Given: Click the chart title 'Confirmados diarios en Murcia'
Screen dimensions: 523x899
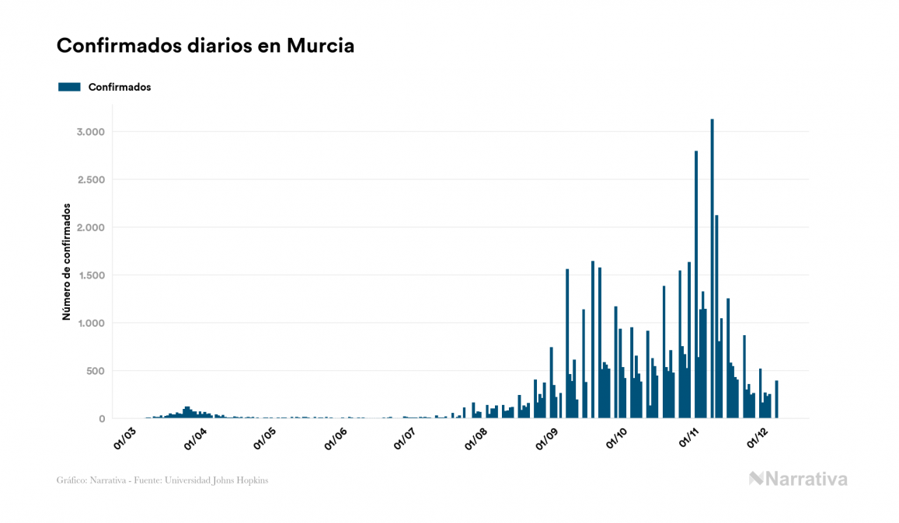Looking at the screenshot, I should [205, 46].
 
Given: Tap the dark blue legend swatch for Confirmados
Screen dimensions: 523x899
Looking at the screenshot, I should [70, 87].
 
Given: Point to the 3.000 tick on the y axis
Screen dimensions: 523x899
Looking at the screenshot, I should [90, 132].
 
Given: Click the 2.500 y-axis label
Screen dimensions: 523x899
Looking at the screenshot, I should [90, 180].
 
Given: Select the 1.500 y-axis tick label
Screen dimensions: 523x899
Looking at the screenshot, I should [90, 275].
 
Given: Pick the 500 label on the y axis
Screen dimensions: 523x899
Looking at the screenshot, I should [95, 371].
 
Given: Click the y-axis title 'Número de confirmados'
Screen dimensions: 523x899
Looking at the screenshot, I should [67, 262].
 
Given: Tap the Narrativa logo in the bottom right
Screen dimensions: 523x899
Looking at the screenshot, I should [798, 479].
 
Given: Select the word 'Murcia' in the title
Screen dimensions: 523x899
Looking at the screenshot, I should [320, 46].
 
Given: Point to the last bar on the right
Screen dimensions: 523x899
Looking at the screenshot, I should [777, 400].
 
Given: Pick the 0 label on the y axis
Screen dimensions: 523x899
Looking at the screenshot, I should [101, 419].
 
